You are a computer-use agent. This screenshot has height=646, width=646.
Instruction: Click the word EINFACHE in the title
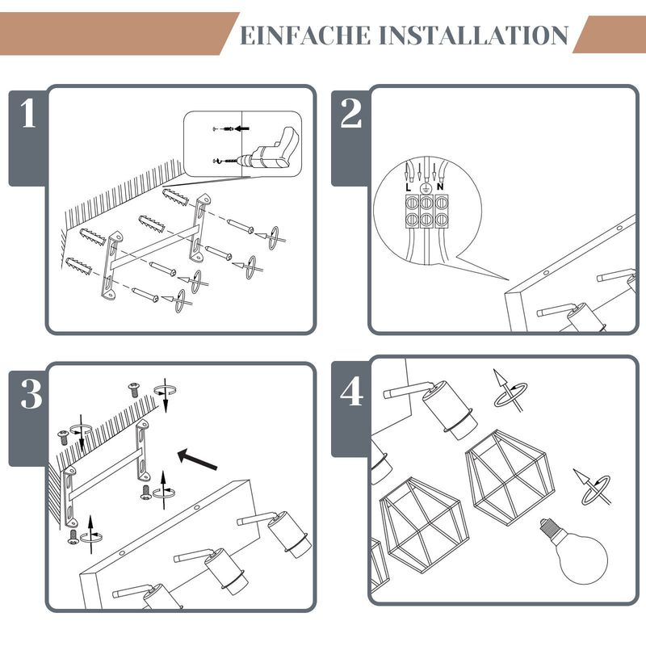305,35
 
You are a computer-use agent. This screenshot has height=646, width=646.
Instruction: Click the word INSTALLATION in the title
473,35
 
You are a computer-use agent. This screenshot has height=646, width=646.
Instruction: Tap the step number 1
28,113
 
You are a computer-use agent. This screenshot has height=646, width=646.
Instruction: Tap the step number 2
350,113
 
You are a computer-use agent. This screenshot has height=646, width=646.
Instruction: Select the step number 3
31,394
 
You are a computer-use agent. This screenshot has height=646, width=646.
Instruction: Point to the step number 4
351,392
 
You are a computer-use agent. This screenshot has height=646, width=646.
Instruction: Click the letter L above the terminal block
408,187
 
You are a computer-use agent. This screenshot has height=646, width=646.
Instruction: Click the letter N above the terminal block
440,187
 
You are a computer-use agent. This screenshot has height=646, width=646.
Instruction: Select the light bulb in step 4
574,551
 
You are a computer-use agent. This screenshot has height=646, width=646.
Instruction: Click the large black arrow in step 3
197,459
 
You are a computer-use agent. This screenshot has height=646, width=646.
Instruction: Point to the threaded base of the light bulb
548,526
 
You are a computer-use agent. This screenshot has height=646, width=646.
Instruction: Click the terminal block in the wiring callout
427,212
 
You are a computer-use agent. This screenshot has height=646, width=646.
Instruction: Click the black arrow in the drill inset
241,128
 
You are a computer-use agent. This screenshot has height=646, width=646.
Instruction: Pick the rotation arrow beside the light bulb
593,488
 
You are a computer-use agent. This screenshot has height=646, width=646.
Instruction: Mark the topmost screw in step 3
134,390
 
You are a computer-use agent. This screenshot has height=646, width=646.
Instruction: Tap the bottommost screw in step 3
73,537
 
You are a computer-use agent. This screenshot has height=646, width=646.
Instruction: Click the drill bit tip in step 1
216,161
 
